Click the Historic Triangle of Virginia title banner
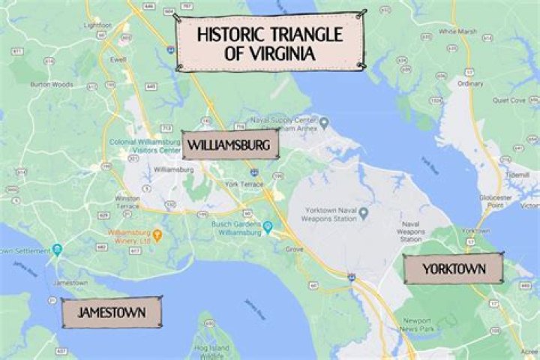click(270, 43)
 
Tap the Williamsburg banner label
click(230, 145)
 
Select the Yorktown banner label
click(453, 268)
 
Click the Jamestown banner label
click(111, 312)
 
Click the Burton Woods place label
click(52, 85)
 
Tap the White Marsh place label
click(457, 31)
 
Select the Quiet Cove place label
click(508, 100)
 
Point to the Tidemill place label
click(517, 173)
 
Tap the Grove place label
click(294, 248)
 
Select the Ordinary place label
click(470, 83)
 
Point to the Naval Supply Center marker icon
click(324, 121)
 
